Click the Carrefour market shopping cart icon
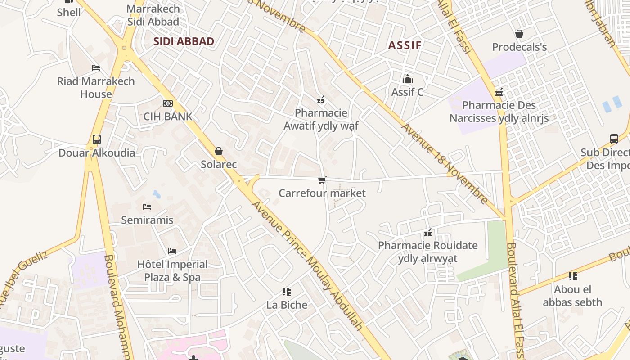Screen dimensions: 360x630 point(322,180)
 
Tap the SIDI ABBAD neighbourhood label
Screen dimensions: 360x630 point(184,41)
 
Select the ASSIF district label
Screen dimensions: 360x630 point(405,45)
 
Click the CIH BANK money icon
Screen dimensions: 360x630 point(168,103)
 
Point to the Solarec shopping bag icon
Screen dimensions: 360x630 point(219,151)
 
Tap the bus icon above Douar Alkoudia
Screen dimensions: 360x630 point(97,139)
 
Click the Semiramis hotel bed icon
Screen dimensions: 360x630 point(147,207)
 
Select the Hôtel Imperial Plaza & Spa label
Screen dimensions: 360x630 point(172,270)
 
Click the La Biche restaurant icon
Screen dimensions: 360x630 point(287,292)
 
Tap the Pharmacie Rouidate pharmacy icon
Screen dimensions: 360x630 point(428,233)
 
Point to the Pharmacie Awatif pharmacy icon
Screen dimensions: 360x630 point(321,100)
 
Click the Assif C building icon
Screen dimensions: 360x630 point(408,79)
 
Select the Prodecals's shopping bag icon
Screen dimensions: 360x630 point(519,34)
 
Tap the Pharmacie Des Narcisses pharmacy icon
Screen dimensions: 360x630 point(499,93)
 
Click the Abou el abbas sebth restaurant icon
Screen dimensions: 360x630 point(572,276)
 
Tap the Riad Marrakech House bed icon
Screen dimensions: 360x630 point(96,68)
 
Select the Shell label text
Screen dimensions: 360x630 point(69,12)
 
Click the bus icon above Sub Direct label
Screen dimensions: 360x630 point(614,139)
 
